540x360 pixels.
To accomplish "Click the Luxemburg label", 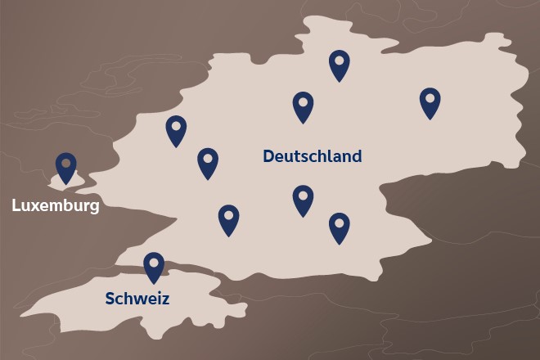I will click(x=56, y=205).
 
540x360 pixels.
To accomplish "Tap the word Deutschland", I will click(x=312, y=156).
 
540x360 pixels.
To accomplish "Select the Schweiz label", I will click(x=137, y=299).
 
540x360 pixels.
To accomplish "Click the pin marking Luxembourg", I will click(x=65, y=168).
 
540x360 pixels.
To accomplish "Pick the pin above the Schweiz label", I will click(x=154, y=267).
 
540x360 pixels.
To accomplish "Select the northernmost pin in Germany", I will click(x=340, y=65).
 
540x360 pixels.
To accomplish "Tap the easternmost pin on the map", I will click(x=430, y=102).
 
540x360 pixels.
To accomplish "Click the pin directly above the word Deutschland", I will click(x=304, y=106).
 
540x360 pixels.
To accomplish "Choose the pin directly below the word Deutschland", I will click(x=304, y=200).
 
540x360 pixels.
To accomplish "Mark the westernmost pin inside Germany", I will click(x=176, y=130).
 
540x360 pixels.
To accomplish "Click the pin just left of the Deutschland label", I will click(x=208, y=162).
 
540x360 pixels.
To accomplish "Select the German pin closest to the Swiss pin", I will click(x=228, y=219).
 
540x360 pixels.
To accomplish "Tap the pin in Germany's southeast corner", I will click(x=340, y=227).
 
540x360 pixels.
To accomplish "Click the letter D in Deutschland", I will click(x=268, y=156).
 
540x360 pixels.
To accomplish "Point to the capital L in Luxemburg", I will click(x=16, y=205).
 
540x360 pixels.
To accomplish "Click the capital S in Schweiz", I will click(x=110, y=299).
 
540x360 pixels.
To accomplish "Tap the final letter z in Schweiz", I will click(x=165, y=299).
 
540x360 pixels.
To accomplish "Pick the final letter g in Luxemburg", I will click(x=94, y=207).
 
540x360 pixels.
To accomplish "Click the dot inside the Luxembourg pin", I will click(x=65, y=163).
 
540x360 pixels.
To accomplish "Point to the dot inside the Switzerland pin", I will click(x=154, y=262).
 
